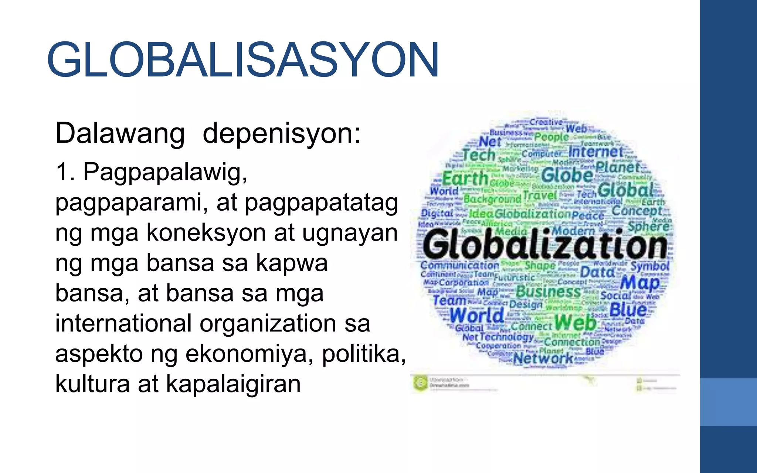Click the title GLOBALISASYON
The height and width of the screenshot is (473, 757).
[x=243, y=60]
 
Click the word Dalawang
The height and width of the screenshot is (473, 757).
[x=120, y=134]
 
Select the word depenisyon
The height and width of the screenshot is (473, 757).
[x=281, y=134]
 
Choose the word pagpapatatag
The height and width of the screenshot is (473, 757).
[x=321, y=203]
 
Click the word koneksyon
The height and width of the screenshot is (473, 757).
[x=206, y=233]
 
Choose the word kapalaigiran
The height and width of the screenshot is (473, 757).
[x=233, y=384]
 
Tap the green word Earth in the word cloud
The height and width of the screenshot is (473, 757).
[x=465, y=179]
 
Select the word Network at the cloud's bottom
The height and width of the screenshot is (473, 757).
[x=543, y=358]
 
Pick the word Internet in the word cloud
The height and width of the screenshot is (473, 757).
[x=596, y=152]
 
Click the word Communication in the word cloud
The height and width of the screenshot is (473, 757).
[x=459, y=265]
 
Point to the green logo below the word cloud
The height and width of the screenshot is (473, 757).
[x=420, y=383]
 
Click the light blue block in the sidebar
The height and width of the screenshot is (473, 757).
[x=728, y=402]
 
